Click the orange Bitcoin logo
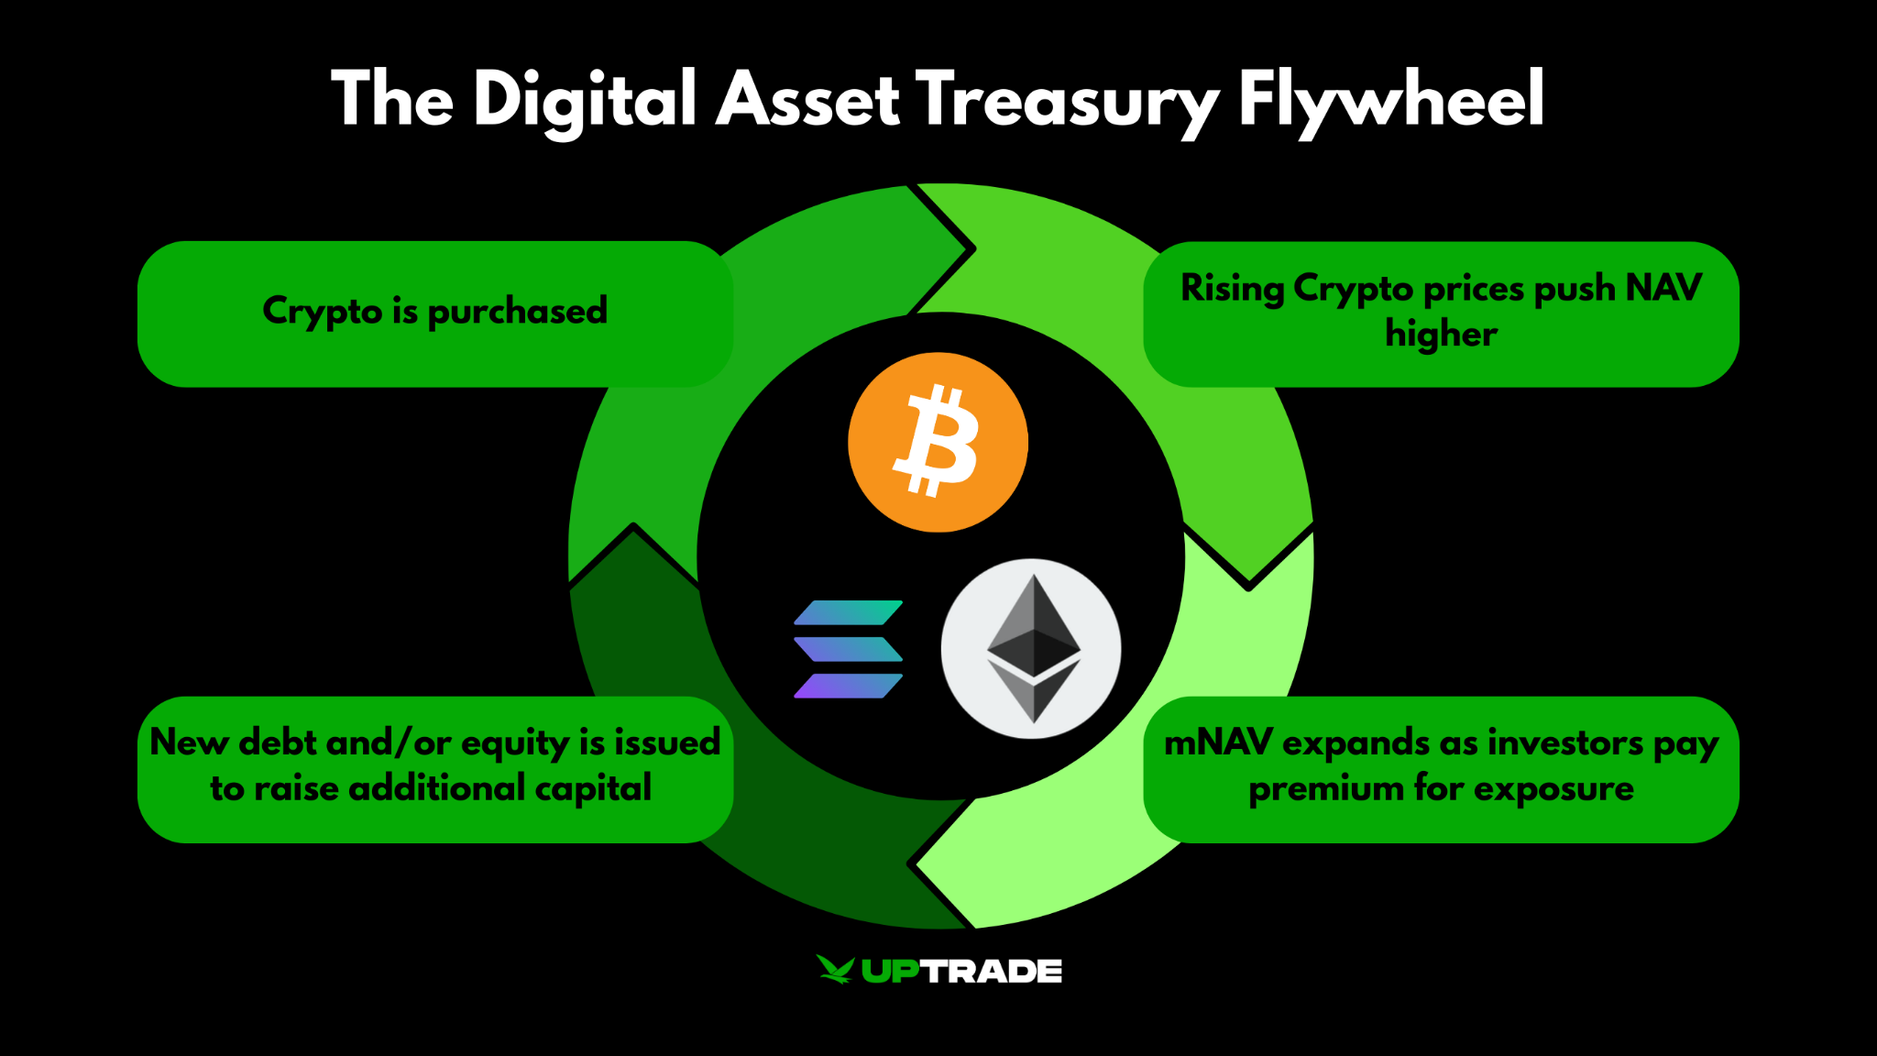point(938,442)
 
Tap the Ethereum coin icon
point(1031,648)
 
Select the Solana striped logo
point(848,649)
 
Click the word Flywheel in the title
point(1391,101)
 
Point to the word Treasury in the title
point(1067,101)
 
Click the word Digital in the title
point(585,101)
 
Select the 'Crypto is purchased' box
point(434,313)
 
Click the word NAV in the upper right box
point(1663,288)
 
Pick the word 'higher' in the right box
point(1441,334)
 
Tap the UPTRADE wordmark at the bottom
point(961,971)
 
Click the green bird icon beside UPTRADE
point(834,969)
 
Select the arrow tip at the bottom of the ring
point(913,863)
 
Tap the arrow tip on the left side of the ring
point(633,528)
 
